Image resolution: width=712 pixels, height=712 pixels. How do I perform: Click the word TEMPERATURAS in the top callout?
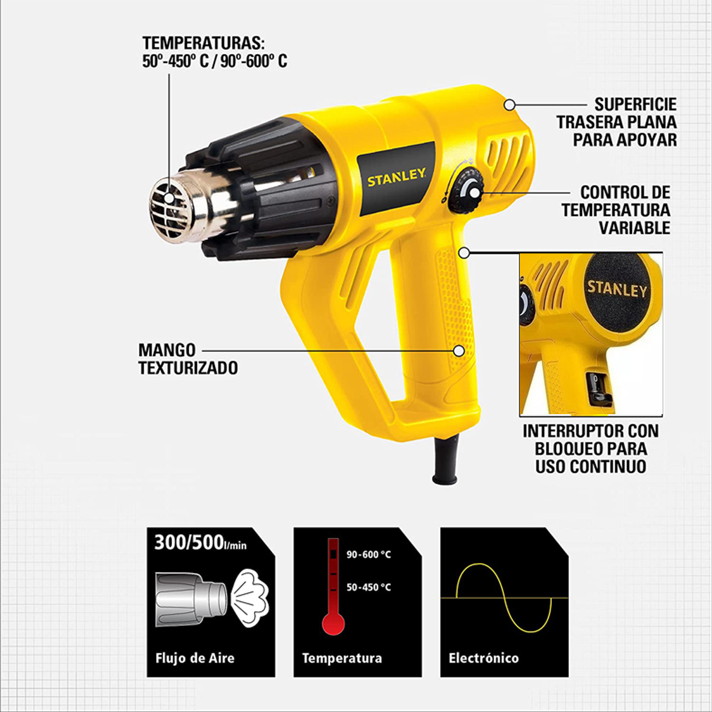(x=204, y=43)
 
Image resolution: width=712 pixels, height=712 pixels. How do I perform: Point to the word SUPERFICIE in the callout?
(x=635, y=104)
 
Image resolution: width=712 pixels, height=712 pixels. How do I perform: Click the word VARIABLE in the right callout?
(x=634, y=228)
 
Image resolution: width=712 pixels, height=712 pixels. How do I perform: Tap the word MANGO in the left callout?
(x=167, y=349)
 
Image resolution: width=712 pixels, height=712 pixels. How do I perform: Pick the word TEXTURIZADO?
(x=188, y=368)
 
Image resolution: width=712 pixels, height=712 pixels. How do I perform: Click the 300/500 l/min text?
(x=201, y=543)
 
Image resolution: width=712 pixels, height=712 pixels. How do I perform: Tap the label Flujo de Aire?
(x=195, y=658)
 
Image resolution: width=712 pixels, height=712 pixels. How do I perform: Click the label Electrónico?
(x=484, y=658)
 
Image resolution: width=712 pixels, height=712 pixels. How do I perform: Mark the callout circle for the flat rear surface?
(x=510, y=105)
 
